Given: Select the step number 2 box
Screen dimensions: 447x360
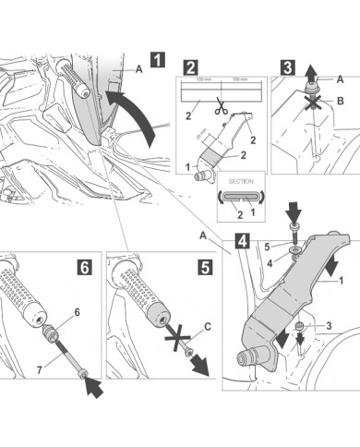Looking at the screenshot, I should pos(189,66).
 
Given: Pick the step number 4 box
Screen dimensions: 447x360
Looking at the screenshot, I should pos(241,244).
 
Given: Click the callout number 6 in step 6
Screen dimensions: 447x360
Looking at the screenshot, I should pos(78,313).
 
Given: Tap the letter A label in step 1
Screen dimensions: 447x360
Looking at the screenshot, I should pos(138,68).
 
